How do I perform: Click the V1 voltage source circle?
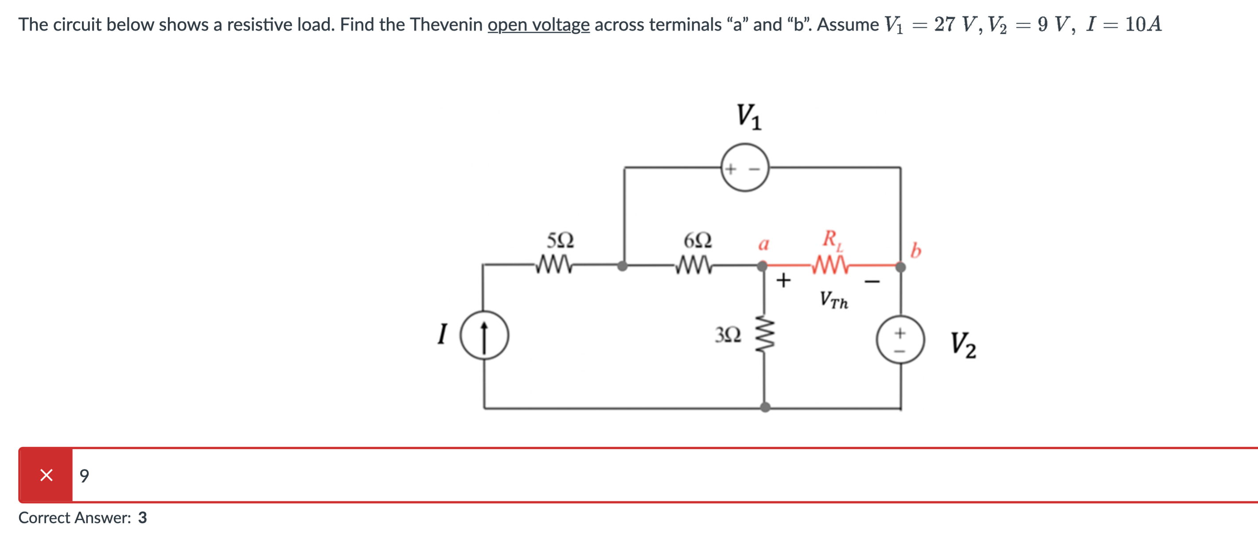(745, 168)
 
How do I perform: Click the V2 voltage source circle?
(900, 340)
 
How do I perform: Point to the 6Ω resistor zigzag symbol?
(694, 265)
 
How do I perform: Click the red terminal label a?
(763, 243)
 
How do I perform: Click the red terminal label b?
(915, 250)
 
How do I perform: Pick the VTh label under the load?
(833, 299)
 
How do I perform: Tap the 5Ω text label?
(560, 240)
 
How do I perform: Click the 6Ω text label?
(697, 240)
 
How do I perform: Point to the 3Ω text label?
(728, 335)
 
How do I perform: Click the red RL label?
(832, 239)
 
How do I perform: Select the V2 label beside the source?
(962, 345)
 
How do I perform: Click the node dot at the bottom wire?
(765, 407)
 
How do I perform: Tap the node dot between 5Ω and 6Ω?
(622, 266)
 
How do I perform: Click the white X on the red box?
(47, 475)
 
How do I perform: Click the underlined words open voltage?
(538, 24)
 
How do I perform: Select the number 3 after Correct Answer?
(142, 517)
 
